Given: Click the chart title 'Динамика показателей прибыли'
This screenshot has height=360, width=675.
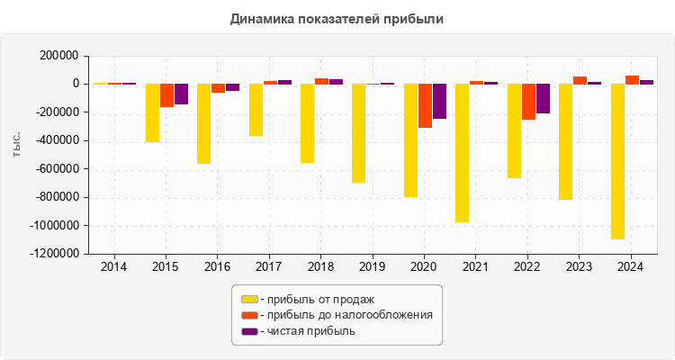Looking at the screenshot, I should click(x=337, y=18).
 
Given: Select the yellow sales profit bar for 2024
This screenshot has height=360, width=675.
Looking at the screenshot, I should click(x=617, y=161).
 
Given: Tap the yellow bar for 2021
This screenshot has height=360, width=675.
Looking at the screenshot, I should click(x=462, y=153).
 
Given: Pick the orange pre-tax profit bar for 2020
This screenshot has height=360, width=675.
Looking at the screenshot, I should click(x=425, y=105).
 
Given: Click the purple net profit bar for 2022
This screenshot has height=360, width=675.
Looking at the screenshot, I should click(x=543, y=99).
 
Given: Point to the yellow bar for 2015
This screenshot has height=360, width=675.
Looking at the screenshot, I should click(x=152, y=113).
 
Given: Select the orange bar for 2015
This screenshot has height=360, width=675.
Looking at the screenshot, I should click(x=166, y=95).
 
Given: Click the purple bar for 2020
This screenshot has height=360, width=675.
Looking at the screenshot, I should click(x=439, y=101).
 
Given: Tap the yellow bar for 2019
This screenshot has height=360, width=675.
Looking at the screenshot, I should click(x=358, y=133).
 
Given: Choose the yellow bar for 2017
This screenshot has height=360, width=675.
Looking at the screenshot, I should click(x=256, y=110).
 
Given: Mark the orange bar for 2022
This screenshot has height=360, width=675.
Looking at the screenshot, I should click(x=528, y=102).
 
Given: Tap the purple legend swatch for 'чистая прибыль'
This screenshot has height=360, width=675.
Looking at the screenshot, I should click(x=249, y=331).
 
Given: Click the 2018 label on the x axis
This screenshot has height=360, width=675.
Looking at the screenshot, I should click(x=320, y=266).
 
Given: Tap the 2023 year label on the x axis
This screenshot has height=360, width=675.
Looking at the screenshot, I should click(x=580, y=266).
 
